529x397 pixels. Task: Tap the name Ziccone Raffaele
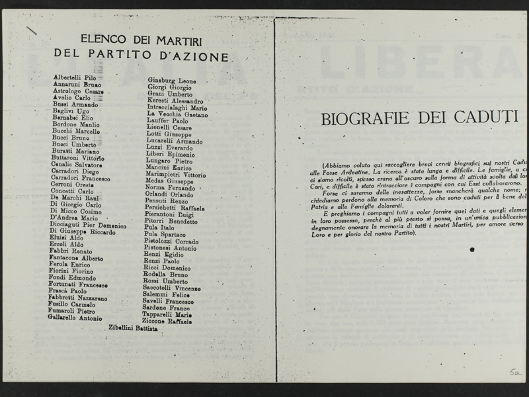pos(167,322)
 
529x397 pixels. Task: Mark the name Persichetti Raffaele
pos(175,208)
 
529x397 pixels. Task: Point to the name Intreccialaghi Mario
pos(177,107)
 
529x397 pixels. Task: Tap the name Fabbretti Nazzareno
pos(78,298)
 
